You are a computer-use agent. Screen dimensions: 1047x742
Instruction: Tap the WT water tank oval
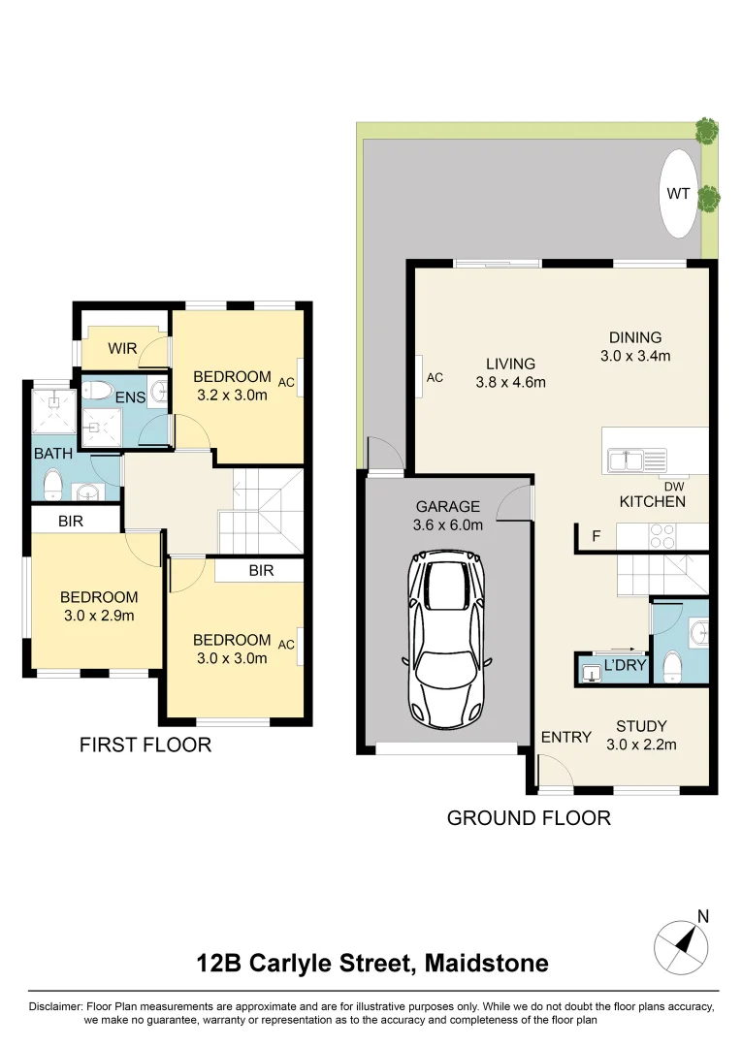tap(678, 194)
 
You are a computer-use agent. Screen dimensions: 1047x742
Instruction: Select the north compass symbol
tap(686, 942)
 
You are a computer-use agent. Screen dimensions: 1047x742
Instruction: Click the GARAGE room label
tap(448, 506)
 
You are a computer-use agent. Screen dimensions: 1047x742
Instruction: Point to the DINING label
tap(635, 337)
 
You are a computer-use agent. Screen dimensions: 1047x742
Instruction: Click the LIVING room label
tap(510, 364)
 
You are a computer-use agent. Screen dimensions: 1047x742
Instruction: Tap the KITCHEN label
tap(653, 501)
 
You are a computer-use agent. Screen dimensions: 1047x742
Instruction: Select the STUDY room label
tap(640, 725)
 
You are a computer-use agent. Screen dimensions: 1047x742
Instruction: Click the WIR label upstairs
tap(122, 348)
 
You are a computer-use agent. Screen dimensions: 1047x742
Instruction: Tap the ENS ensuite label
tap(130, 397)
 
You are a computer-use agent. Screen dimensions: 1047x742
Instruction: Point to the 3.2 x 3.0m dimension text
tap(232, 395)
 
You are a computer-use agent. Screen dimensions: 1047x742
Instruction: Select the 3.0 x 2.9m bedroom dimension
tap(99, 616)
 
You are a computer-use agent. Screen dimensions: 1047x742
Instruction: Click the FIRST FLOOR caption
tap(145, 746)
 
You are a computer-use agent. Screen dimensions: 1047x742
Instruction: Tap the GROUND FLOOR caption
tap(529, 818)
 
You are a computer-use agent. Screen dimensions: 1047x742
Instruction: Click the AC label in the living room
tap(435, 377)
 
